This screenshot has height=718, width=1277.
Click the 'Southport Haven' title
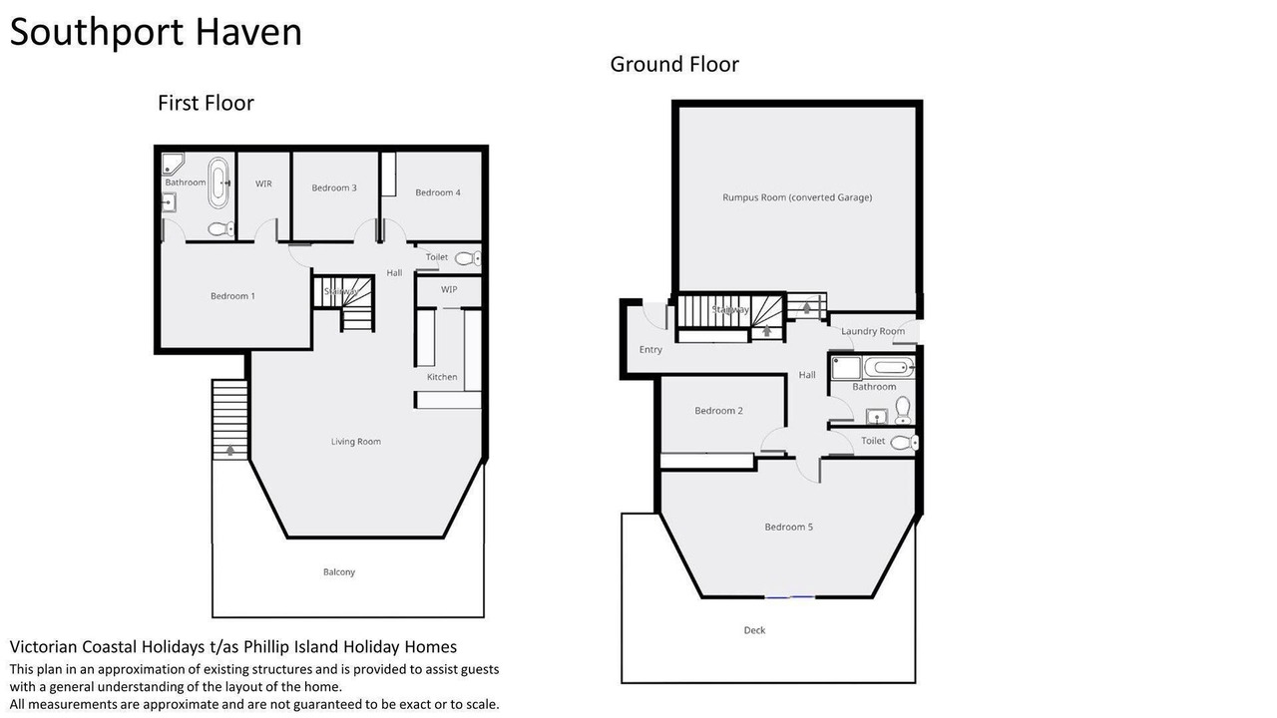click(156, 32)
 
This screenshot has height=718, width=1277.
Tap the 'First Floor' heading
click(206, 103)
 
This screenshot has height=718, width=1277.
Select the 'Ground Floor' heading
click(674, 65)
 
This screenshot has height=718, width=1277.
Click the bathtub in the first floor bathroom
click(218, 182)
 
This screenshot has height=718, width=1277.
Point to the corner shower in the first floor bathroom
click(173, 164)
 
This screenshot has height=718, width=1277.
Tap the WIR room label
click(263, 183)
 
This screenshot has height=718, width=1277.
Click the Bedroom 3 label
click(334, 187)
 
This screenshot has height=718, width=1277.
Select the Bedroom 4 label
click(438, 192)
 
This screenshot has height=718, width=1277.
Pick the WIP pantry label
click(449, 289)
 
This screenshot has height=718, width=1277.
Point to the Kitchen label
click(442, 377)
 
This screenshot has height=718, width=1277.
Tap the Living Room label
click(356, 442)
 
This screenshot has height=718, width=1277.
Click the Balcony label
click(339, 572)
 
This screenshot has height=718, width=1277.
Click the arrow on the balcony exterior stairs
click(229, 450)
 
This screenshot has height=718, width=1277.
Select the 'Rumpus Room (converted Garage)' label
click(797, 197)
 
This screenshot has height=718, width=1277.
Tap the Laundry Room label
click(873, 331)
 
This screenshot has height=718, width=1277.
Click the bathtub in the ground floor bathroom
click(889, 368)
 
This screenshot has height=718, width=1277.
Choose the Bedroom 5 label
click(789, 528)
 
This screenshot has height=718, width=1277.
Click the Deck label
click(754, 630)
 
